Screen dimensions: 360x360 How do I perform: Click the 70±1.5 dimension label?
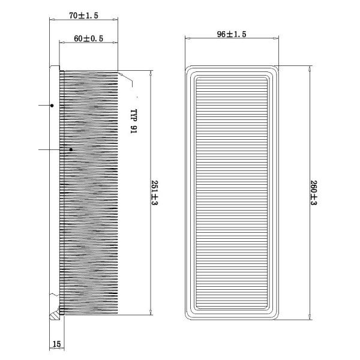(83, 16)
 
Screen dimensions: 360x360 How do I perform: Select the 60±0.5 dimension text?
(88, 38)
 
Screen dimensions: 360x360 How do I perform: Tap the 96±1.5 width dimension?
(232, 34)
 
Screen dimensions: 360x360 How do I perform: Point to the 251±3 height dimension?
(155, 193)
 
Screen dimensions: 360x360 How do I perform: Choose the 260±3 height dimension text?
(314, 193)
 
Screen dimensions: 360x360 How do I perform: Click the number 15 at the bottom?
(57, 344)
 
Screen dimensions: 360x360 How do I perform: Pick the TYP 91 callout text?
(133, 121)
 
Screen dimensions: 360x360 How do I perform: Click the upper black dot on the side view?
(52, 106)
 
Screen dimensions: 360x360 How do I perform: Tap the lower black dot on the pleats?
(71, 149)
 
